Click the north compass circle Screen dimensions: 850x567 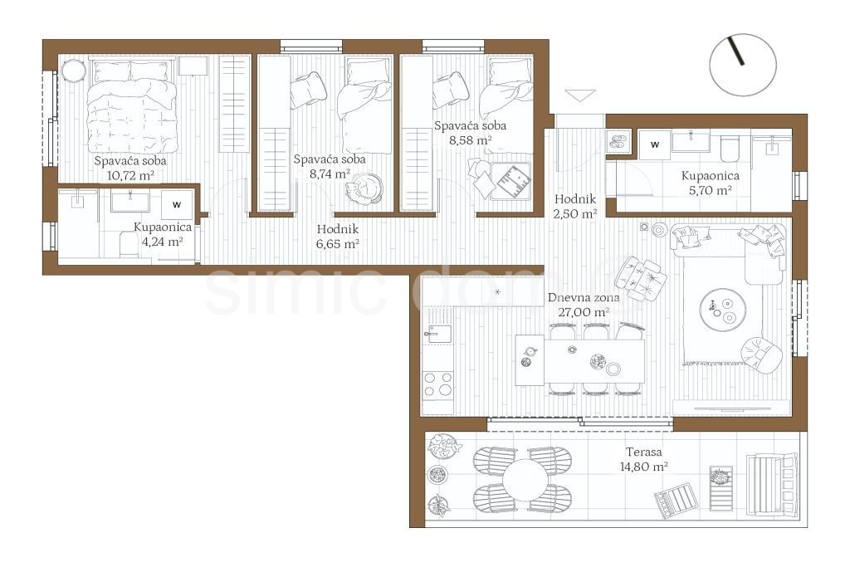pyautogui.click(x=743, y=34)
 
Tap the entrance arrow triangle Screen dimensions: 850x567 pyautogui.click(x=580, y=95)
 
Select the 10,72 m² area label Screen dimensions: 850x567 pyautogui.click(x=130, y=176)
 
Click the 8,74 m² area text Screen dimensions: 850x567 pyautogui.click(x=330, y=174)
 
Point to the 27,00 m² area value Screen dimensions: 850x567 pyautogui.click(x=584, y=312)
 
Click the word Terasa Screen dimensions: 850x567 pyautogui.click(x=643, y=452)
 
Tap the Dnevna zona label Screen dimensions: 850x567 pyautogui.click(x=584, y=297)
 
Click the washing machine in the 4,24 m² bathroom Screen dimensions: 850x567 pyautogui.click(x=177, y=205)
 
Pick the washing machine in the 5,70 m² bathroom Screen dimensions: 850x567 pyautogui.click(x=655, y=144)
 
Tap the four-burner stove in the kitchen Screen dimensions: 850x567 pyautogui.click(x=438, y=384)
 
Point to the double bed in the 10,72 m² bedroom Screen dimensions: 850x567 pyautogui.click(x=132, y=106)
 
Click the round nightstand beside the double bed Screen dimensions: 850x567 pyautogui.click(x=73, y=71)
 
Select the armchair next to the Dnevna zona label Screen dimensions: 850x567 pyautogui.click(x=641, y=278)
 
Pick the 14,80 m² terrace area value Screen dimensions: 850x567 pyautogui.click(x=644, y=467)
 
